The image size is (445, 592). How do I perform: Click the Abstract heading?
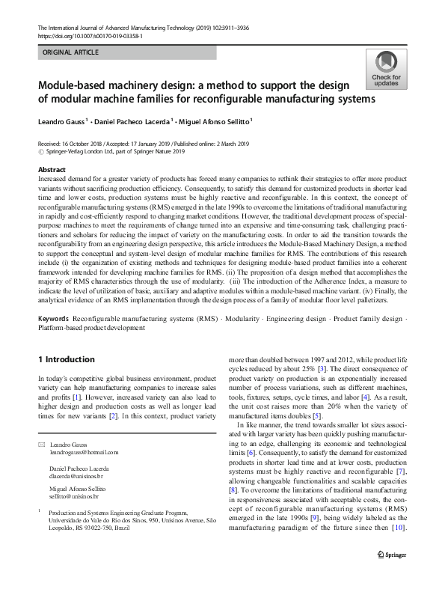(52, 170)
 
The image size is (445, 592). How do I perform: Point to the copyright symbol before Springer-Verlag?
(40, 150)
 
